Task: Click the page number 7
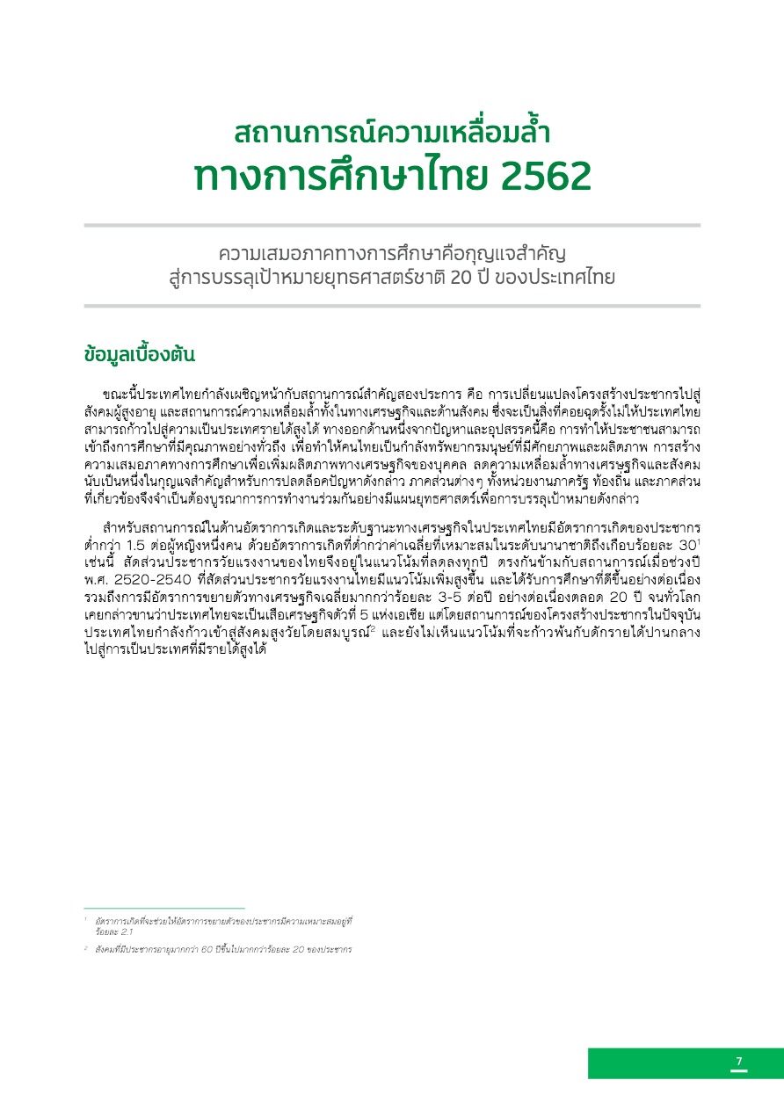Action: click(x=739, y=1062)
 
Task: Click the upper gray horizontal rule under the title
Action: click(x=392, y=226)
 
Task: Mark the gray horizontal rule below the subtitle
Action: click(x=392, y=306)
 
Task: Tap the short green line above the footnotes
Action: click(x=163, y=908)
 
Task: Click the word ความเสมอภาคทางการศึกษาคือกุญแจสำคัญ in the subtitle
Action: click(x=392, y=254)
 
